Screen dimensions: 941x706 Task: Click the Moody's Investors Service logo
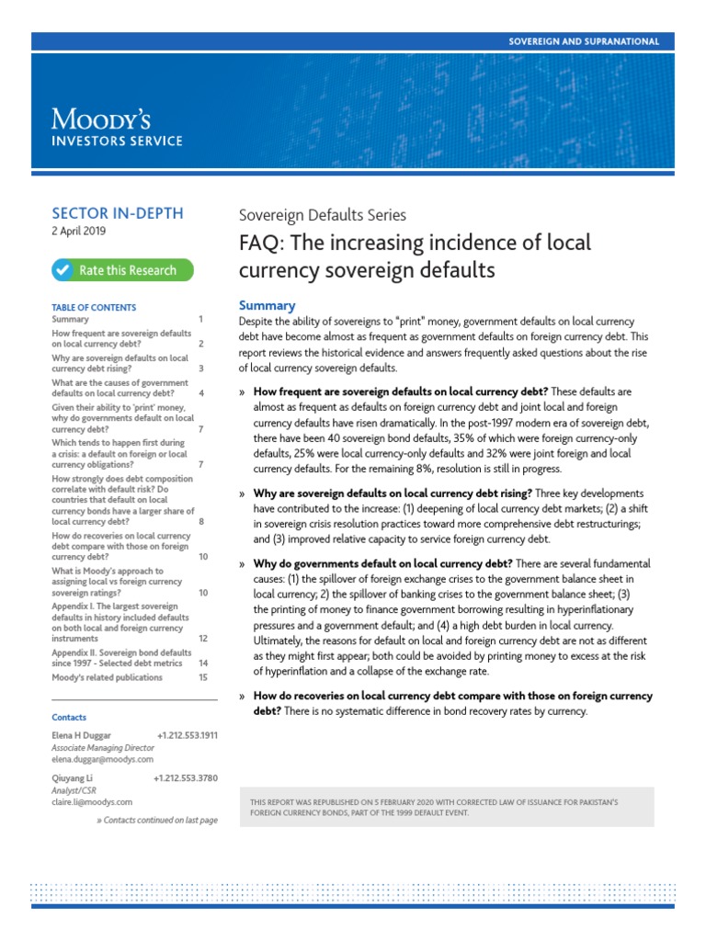[x=117, y=128]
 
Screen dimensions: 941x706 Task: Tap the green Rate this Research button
[x=122, y=270]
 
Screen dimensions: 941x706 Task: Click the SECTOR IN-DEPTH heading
[x=118, y=213]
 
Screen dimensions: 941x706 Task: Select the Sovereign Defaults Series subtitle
[x=322, y=216]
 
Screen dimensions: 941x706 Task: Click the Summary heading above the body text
[x=267, y=305]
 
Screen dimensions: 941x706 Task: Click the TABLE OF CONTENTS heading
[x=94, y=308]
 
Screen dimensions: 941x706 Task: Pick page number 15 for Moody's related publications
[x=203, y=677]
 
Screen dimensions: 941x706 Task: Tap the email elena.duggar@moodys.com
[x=103, y=760]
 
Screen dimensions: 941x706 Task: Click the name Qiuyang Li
[x=74, y=778]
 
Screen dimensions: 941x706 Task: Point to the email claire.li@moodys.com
[x=92, y=802]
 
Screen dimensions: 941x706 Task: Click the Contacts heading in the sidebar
[x=69, y=718]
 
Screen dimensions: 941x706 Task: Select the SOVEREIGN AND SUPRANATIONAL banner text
[x=584, y=41]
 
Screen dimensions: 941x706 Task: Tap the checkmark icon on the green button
[x=63, y=270]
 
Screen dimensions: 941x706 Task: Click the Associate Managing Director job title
[x=103, y=748]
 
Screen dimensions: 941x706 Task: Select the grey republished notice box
[x=459, y=807]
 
